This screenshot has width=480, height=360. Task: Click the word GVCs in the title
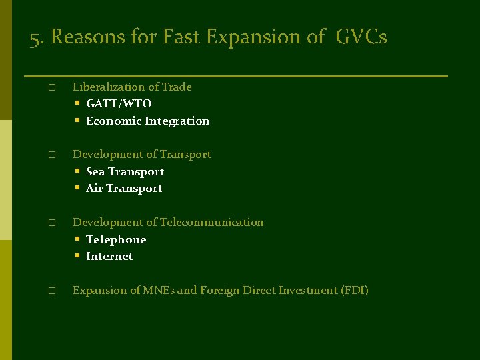click(x=361, y=37)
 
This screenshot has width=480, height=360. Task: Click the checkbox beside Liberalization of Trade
click(x=51, y=87)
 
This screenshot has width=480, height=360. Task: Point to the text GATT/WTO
click(x=119, y=104)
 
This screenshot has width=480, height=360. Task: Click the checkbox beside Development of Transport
click(x=51, y=155)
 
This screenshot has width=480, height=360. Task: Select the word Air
click(x=95, y=189)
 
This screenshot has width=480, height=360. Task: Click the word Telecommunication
click(x=211, y=223)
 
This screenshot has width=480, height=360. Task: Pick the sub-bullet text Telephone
click(x=116, y=240)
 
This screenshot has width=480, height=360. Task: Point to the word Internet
click(x=109, y=257)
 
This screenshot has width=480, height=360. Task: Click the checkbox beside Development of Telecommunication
click(x=51, y=223)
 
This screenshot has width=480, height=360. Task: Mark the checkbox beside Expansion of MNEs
click(x=51, y=291)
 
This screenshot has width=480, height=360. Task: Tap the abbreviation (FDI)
click(x=354, y=291)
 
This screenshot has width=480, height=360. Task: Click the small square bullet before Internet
click(x=77, y=256)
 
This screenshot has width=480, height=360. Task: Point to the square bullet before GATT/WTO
click(x=77, y=103)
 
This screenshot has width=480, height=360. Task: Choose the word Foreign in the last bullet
click(x=219, y=291)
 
